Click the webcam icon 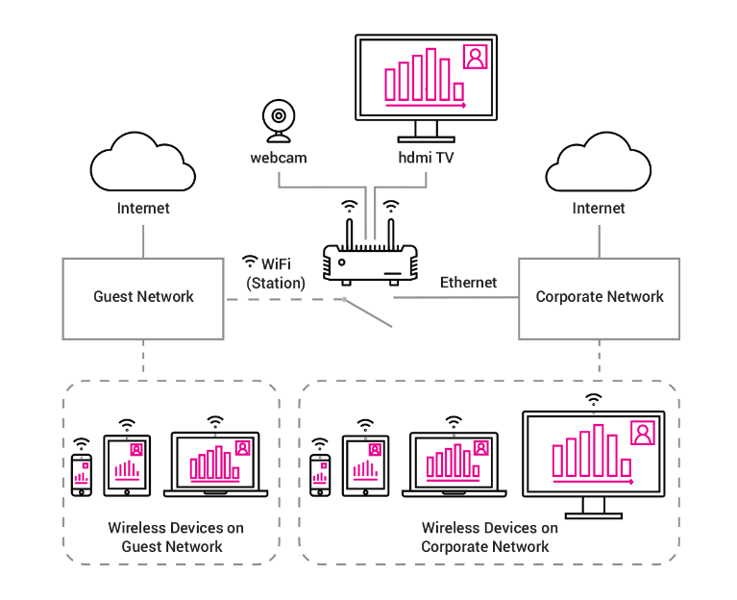pos(278,120)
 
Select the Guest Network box pos(143,297)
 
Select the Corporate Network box pos(599,297)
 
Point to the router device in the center pos(370,260)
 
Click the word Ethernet pos(468,283)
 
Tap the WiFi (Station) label pos(275,272)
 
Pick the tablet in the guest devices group pos(128,466)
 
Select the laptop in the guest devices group pos(215,466)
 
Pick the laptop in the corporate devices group pos(457,466)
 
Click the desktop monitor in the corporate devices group pos(593,458)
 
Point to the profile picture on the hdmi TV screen pos(475,57)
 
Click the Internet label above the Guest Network pos(143,209)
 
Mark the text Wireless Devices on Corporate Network pos(489,537)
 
